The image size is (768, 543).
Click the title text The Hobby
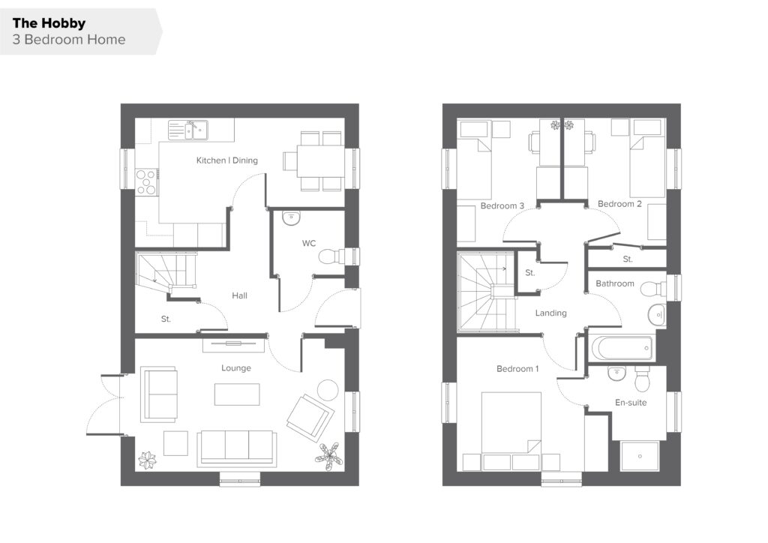[x=49, y=23]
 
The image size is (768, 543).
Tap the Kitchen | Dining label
[x=226, y=160]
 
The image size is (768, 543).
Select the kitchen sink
[x=188, y=130]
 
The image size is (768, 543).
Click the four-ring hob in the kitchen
[x=146, y=182]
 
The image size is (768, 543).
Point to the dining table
[x=320, y=161]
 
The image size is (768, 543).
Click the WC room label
[x=308, y=243]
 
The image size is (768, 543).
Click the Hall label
[x=239, y=295]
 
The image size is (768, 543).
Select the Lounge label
[x=236, y=367]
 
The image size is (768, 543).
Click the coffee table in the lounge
[x=237, y=394]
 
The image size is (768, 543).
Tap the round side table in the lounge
[x=328, y=390]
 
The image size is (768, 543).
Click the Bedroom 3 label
[x=502, y=205]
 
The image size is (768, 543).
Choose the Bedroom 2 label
[x=619, y=204]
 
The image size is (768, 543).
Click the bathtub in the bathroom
[x=622, y=348]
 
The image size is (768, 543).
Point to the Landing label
[x=550, y=313]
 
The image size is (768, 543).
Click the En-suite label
[x=631, y=403]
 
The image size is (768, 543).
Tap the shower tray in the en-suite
[x=640, y=456]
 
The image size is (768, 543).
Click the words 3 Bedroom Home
[x=69, y=40]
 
